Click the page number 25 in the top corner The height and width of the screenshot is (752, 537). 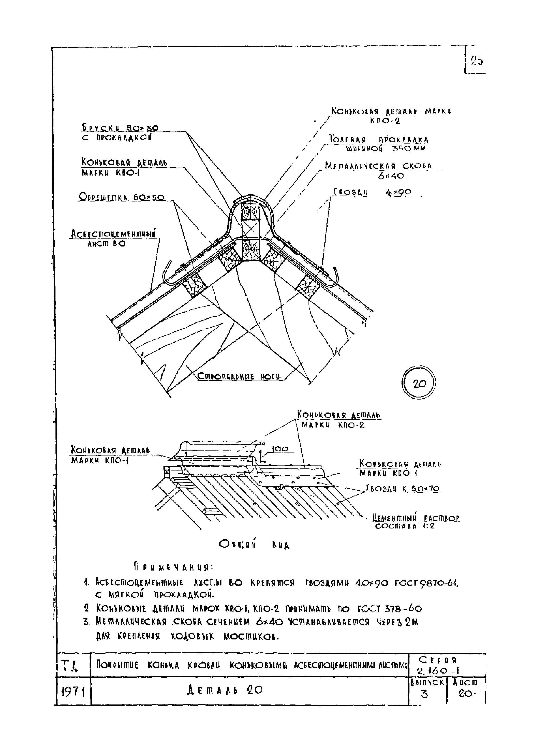tap(477, 61)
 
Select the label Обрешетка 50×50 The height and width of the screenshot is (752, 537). tap(121, 197)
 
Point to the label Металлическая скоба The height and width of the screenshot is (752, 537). tap(378, 166)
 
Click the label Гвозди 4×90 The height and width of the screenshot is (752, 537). tap(372, 192)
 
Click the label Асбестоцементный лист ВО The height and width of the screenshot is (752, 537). tap(114, 234)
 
